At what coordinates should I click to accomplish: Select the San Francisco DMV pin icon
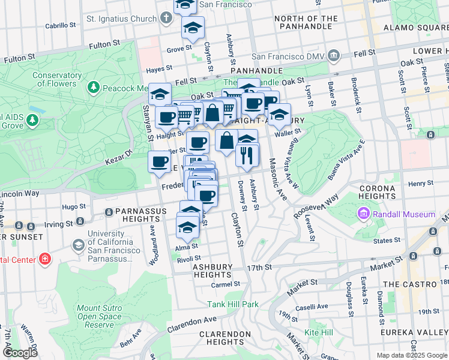click(333, 56)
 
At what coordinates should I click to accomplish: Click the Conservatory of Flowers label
click(57, 79)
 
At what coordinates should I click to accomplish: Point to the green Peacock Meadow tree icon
click(94, 88)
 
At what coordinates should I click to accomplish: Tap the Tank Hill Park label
click(233, 304)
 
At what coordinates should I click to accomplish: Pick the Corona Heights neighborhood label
click(377, 192)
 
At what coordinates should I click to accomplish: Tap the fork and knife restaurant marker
click(247, 156)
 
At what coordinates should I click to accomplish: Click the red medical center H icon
click(44, 259)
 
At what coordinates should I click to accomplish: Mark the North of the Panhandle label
click(306, 23)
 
